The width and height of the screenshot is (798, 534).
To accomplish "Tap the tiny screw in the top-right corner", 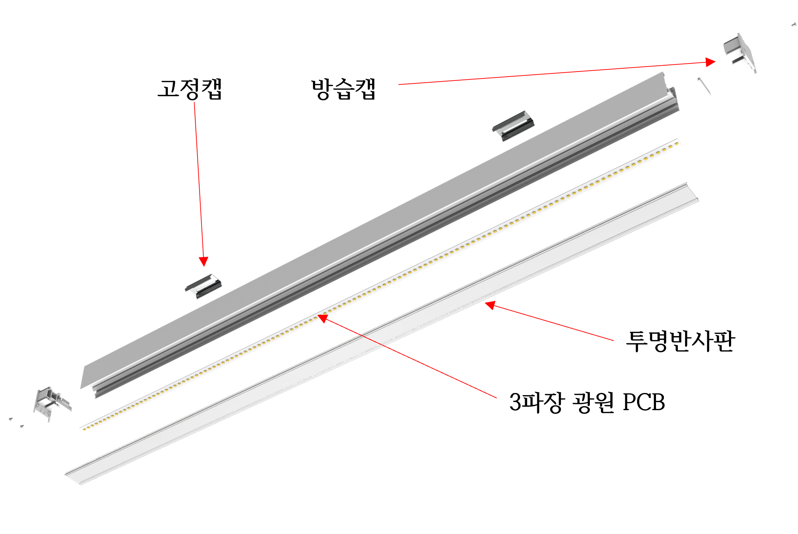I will coord(793,25).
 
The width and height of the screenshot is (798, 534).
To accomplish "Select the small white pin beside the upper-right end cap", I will coord(704,87).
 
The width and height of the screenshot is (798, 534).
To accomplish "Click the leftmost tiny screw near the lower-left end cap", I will coord(11,418).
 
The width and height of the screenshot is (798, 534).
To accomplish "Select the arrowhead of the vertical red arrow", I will coord(204,261).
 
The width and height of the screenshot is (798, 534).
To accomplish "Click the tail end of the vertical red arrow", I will coord(194,103).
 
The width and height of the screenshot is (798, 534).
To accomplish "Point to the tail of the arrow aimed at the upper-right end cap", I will coord(399,84).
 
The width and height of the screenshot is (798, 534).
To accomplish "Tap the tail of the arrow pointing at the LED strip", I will coord(496,398).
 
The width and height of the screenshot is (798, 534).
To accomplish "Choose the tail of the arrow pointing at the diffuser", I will coord(613,341).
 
